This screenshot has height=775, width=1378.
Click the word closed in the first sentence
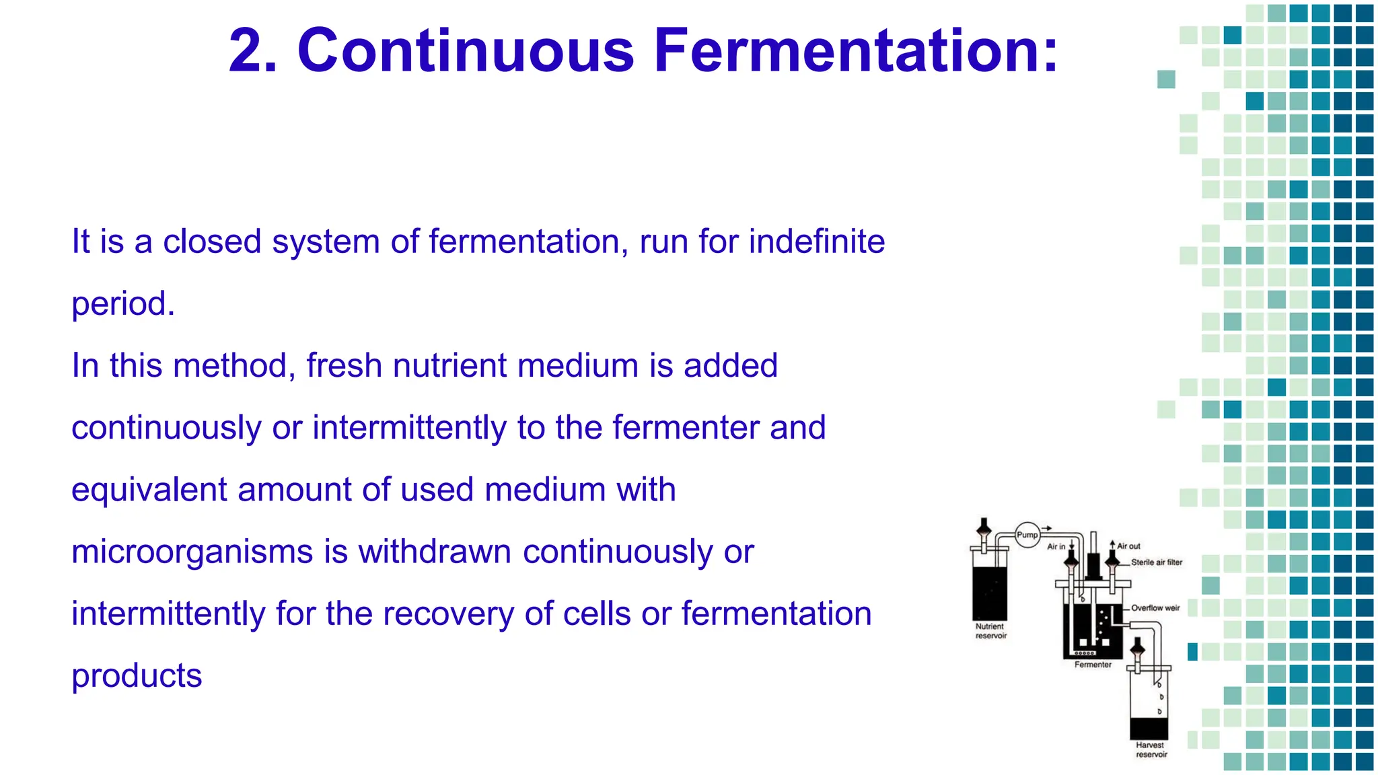click(x=212, y=242)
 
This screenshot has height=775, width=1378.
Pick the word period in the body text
click(x=119, y=305)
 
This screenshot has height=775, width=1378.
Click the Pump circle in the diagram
click(x=1027, y=536)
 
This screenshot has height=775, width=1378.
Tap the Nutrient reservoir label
click(x=990, y=631)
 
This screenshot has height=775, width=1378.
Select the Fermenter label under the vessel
click(x=1093, y=665)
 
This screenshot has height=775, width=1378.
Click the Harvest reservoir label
click(x=1151, y=749)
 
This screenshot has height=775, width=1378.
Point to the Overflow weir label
click(x=1155, y=608)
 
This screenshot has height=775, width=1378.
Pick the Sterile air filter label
click(x=1156, y=562)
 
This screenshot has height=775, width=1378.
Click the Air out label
click(x=1128, y=546)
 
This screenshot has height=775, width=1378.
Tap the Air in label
click(x=1056, y=546)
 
